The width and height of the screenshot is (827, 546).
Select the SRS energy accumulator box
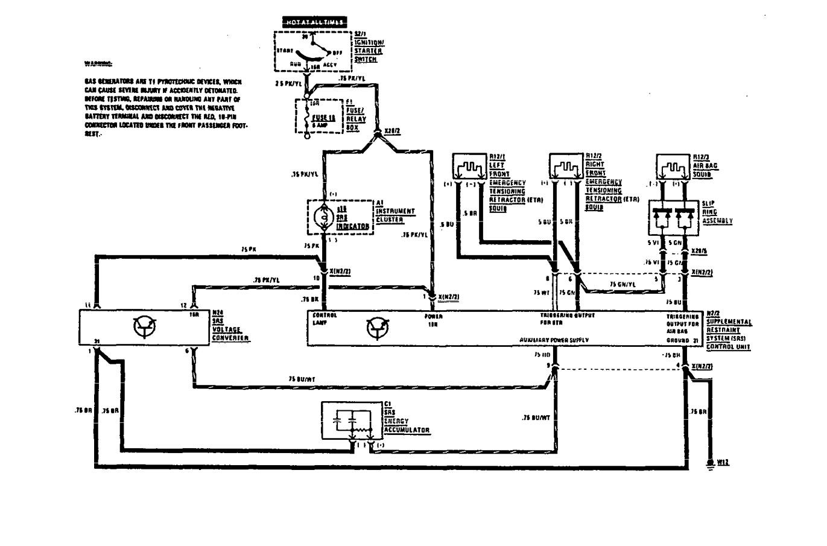[352, 419]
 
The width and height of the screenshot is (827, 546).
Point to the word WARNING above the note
[98, 63]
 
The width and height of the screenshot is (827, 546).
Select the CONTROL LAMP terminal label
[325, 319]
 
